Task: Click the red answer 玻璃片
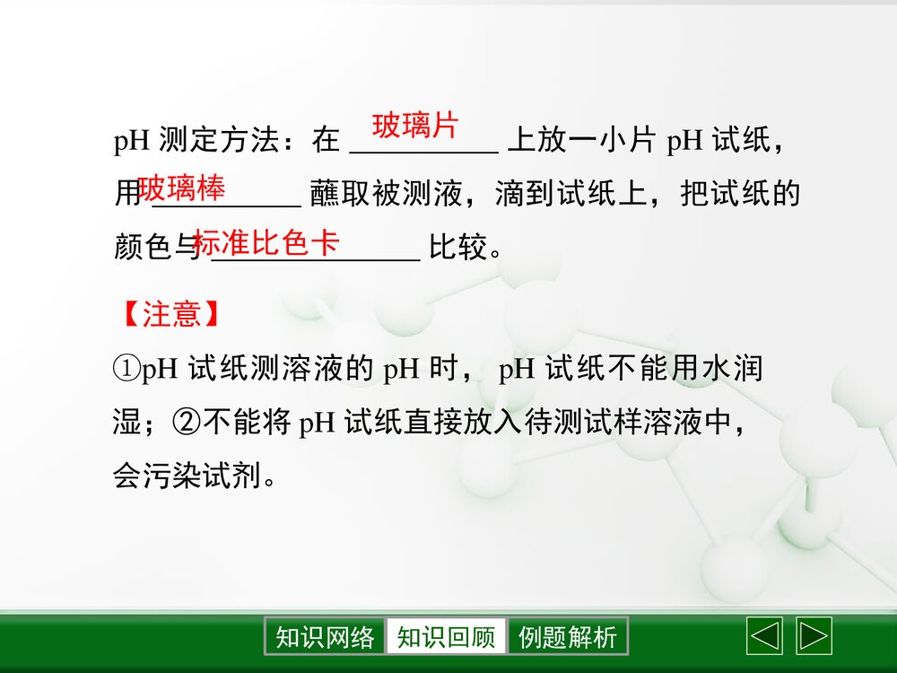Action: (414, 126)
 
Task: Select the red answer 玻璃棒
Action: (181, 189)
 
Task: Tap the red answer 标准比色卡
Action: (266, 242)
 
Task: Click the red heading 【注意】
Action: (170, 314)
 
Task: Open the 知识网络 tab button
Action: (325, 637)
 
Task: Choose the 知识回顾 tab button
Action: (446, 637)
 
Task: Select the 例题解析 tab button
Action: (568, 637)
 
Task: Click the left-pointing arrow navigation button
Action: (764, 636)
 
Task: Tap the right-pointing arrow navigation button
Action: (814, 636)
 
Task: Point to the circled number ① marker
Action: (126, 369)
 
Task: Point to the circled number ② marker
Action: (187, 423)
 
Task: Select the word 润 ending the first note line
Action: (749, 369)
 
